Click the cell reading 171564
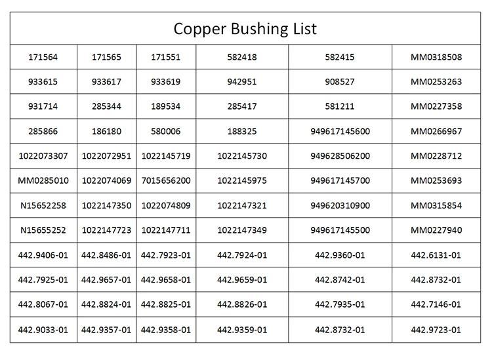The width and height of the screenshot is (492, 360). click(43, 57)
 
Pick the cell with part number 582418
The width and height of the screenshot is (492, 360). click(242, 57)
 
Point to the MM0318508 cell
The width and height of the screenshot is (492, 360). click(436, 57)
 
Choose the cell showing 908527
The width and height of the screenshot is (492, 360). click(340, 82)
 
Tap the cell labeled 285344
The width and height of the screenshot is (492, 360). click(106, 106)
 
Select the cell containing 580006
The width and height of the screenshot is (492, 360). click(166, 131)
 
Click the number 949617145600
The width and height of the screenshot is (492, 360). click(340, 131)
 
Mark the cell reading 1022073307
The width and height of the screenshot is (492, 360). click(43, 156)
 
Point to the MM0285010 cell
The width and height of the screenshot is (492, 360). click(43, 180)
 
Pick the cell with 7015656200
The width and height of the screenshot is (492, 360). click(166, 180)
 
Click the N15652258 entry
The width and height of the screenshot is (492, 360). click(43, 205)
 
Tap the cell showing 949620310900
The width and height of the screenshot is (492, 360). click(340, 205)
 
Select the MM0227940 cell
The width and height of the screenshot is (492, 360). click(436, 230)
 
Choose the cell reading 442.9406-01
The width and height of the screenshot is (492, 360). click(43, 254)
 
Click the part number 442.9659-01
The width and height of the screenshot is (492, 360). click(242, 279)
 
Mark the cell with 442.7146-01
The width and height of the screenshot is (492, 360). click(436, 304)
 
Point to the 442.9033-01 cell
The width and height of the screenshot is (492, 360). click(43, 329)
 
